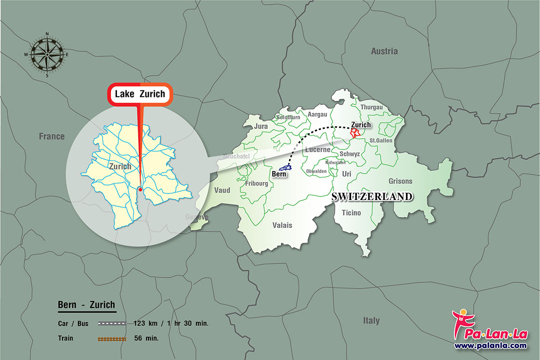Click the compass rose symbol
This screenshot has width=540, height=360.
point(47,54)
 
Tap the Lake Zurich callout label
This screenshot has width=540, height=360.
point(140,94)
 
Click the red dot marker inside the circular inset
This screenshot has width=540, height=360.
point(140,189)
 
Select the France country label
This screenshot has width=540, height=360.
point(52,136)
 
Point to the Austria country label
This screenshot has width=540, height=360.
point(384,51)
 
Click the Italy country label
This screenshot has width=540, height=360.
point(371,320)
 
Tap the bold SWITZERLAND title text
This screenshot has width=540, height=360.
point(372,196)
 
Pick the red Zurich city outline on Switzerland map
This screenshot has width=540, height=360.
point(355,133)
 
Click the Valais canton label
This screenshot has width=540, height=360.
point(283,225)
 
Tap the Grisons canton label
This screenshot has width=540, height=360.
point(400,181)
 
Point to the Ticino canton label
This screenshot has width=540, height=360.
point(351,213)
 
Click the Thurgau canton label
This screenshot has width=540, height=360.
point(371,107)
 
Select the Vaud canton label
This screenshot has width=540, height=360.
point(222,190)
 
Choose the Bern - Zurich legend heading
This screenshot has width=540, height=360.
point(86,304)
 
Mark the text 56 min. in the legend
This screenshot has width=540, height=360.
point(146,338)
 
